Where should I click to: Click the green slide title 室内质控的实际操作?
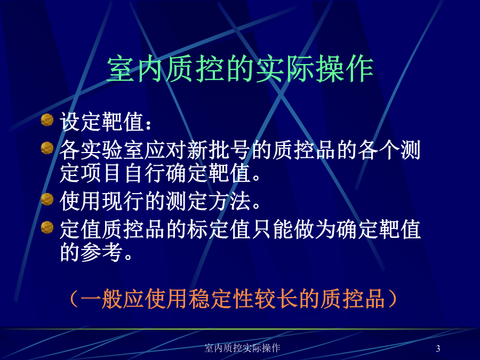240,69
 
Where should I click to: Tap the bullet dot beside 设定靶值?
47,119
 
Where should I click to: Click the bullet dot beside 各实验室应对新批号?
47,148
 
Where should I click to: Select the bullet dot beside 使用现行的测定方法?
47,199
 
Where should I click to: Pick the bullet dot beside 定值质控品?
47,227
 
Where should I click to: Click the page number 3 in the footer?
438,348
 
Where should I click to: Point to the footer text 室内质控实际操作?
242,348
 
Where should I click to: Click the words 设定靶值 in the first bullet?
102,122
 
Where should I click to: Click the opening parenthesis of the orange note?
74,299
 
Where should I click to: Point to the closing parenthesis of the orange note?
392,299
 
